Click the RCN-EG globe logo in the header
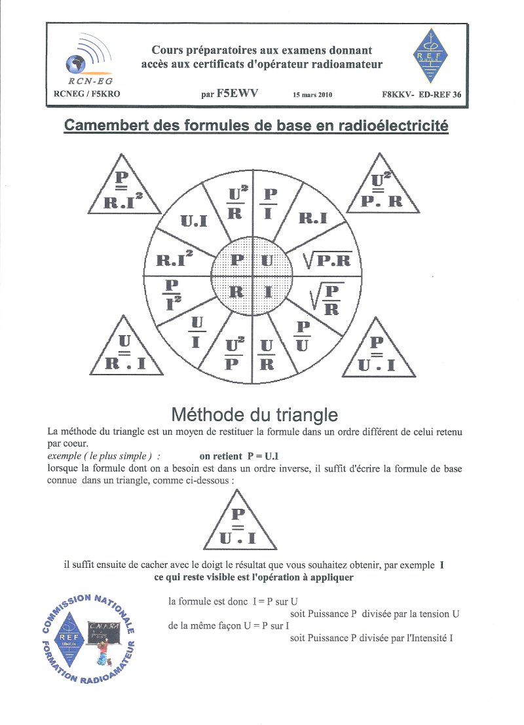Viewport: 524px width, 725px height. click(x=84, y=59)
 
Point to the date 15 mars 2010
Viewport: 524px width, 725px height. click(x=313, y=94)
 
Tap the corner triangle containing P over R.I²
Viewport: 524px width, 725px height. click(x=122, y=189)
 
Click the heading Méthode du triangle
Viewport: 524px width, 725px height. click(x=255, y=414)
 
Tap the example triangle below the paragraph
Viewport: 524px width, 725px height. click(x=241, y=525)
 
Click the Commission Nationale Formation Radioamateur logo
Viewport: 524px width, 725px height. click(x=88, y=637)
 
